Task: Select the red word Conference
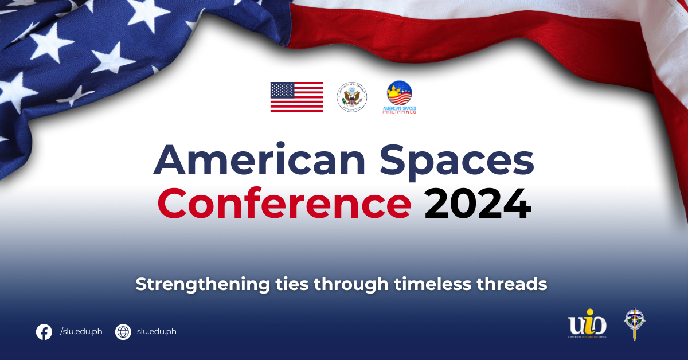click(284, 204)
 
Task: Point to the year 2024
click(478, 204)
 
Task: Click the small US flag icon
click(296, 97)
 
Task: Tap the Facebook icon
click(44, 332)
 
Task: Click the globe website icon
click(123, 332)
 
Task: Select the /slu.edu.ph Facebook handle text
click(81, 332)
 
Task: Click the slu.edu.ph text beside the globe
click(157, 332)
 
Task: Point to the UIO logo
click(587, 324)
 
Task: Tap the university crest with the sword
click(634, 323)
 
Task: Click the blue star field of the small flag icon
click(281, 90)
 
